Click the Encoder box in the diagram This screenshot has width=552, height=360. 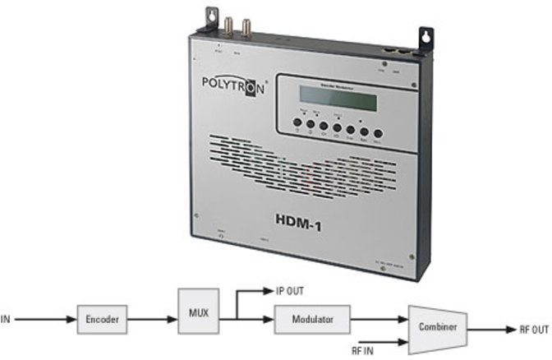click(103, 317)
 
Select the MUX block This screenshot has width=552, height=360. click(196, 313)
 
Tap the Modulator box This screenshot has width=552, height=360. click(313, 317)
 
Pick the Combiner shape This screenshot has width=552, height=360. click(438, 325)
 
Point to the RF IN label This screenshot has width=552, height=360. click(363, 348)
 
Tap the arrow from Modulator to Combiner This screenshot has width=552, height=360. click(379, 317)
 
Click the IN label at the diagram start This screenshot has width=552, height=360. click(7, 317)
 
